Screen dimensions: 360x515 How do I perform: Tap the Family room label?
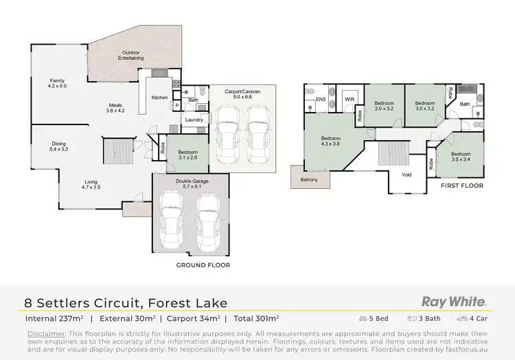pos(57,83)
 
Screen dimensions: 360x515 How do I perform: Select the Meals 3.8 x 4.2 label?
pos(115,108)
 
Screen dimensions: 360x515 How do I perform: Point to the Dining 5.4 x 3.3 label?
pos(59,146)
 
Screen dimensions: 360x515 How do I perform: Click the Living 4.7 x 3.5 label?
pos(91,183)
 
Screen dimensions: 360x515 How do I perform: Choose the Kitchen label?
pos(159,98)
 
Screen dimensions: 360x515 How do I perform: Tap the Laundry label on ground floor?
pos(193,120)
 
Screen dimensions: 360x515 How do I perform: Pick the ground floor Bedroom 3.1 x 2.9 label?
pos(188,155)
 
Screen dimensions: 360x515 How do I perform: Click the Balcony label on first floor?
pos(309,180)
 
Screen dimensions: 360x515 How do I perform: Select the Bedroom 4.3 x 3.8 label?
pos(332,141)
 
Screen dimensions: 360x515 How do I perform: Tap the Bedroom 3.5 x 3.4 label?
pos(461,157)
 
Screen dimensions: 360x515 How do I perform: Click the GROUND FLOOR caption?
pos(203,265)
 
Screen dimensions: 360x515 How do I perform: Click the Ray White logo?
pos(454,302)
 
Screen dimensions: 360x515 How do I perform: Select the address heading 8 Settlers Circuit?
pos(126,303)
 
